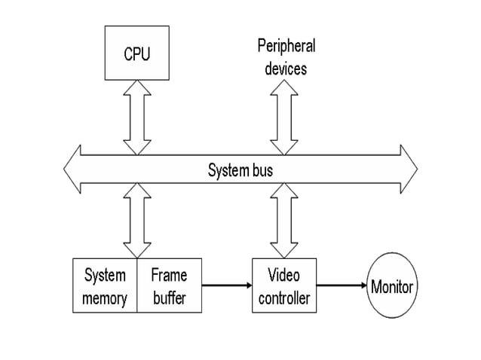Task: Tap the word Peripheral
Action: [286, 46]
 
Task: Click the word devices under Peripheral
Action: [286, 68]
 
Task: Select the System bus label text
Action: [240, 170]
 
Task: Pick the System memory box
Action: [105, 286]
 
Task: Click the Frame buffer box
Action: [169, 286]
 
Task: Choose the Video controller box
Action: [283, 286]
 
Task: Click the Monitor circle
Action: [393, 286]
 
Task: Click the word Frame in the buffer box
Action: [169, 275]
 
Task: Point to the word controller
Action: [283, 298]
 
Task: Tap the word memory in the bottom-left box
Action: [105, 298]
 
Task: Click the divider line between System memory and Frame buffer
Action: [137, 286]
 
